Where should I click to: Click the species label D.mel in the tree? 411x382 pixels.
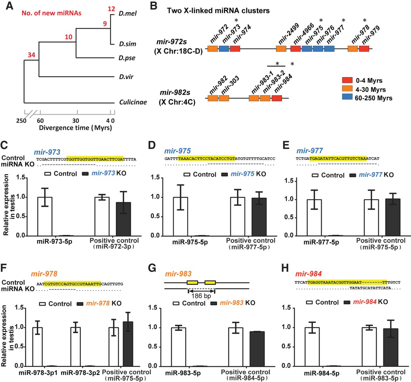[127, 13]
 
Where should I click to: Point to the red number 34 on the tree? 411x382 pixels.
[31, 55]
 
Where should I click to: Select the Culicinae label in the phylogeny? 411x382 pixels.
[133, 102]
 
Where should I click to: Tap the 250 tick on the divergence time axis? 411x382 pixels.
[22, 121]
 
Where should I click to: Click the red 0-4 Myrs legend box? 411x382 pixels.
[347, 80]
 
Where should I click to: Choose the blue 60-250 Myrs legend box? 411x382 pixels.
[347, 97]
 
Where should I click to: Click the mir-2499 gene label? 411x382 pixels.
[288, 34]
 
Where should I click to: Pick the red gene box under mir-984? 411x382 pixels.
[277, 98]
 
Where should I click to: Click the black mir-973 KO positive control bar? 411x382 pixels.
[123, 219]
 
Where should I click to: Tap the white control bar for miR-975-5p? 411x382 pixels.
[180, 216]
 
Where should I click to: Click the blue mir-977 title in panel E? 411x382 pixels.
[310, 151]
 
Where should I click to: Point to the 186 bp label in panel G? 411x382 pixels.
[201, 296]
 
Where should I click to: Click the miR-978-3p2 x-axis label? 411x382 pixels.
[80, 372]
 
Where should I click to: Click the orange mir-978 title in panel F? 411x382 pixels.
[44, 274]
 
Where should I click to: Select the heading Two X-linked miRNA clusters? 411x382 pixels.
[218, 11]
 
